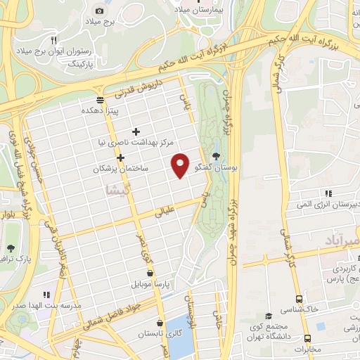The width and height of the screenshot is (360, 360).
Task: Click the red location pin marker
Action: [x=181, y=164]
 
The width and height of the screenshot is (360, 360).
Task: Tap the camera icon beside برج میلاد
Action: [x=99, y=11]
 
